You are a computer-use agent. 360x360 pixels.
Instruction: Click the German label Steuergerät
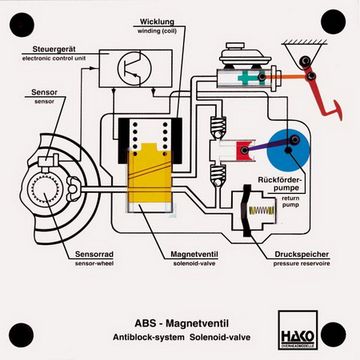click(x=54, y=49)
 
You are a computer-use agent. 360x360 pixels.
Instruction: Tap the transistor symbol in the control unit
click(x=134, y=69)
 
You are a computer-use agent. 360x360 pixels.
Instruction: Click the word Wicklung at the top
click(x=157, y=22)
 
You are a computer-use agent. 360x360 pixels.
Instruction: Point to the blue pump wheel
click(x=289, y=150)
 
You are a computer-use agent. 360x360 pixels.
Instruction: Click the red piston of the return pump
click(x=246, y=150)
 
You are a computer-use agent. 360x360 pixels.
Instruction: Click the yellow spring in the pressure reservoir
click(x=262, y=210)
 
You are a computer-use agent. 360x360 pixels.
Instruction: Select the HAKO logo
click(x=298, y=330)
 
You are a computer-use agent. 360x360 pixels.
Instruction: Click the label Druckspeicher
click(x=302, y=254)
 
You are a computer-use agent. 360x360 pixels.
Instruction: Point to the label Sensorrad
click(x=94, y=254)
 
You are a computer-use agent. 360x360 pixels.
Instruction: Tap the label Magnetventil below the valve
click(x=194, y=254)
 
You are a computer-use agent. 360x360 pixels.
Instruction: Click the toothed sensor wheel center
click(x=46, y=189)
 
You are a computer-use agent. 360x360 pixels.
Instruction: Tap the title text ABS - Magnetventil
click(x=182, y=323)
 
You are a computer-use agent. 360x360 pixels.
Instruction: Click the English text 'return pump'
click(x=290, y=202)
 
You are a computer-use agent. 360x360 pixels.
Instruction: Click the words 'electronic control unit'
click(x=54, y=58)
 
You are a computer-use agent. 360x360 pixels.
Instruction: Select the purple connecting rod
click(x=270, y=146)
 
